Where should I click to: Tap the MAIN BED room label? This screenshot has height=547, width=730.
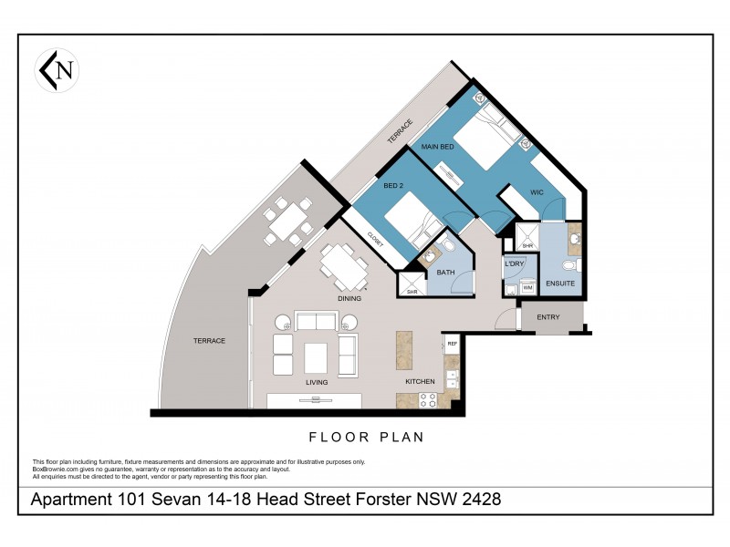tap(437, 146)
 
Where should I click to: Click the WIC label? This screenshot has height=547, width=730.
tap(537, 193)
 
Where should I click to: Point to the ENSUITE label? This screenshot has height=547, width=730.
tap(559, 284)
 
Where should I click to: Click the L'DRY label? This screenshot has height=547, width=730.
tap(513, 263)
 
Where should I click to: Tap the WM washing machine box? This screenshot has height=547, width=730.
tap(527, 288)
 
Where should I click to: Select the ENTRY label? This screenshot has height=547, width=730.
tap(548, 317)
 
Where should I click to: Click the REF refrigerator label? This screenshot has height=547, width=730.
tap(452, 344)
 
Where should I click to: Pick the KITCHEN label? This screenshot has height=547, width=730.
tap(407, 381)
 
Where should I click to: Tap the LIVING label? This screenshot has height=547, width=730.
tap(317, 382)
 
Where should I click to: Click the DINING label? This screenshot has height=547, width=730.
tap(349, 298)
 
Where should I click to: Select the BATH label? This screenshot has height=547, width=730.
tap(447, 273)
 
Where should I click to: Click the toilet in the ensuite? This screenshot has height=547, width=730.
tap(569, 266)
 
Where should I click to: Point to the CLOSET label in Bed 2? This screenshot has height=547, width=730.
tap(374, 241)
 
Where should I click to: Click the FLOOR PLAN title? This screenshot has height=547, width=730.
tap(366, 437)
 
